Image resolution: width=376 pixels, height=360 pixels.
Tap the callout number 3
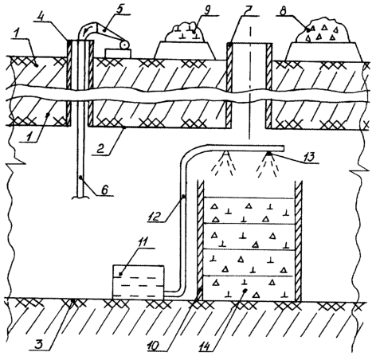(39, 345)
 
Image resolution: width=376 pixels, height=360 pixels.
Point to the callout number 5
(119, 10)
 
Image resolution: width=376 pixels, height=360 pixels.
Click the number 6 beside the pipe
(105, 190)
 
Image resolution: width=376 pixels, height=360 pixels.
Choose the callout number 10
(154, 346)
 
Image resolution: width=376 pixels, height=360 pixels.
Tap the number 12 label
(155, 217)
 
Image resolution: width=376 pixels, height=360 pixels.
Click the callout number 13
(308, 157)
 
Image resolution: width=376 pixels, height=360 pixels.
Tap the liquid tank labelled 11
(138, 283)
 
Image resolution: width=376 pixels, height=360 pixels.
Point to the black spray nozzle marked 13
(269, 154)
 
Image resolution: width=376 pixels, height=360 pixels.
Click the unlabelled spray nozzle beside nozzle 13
(226, 154)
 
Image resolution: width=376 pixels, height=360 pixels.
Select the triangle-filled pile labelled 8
(322, 29)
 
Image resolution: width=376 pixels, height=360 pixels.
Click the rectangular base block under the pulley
(118, 53)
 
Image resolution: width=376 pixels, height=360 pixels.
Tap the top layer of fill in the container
(249, 210)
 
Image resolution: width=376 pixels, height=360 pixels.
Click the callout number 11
(145, 242)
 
